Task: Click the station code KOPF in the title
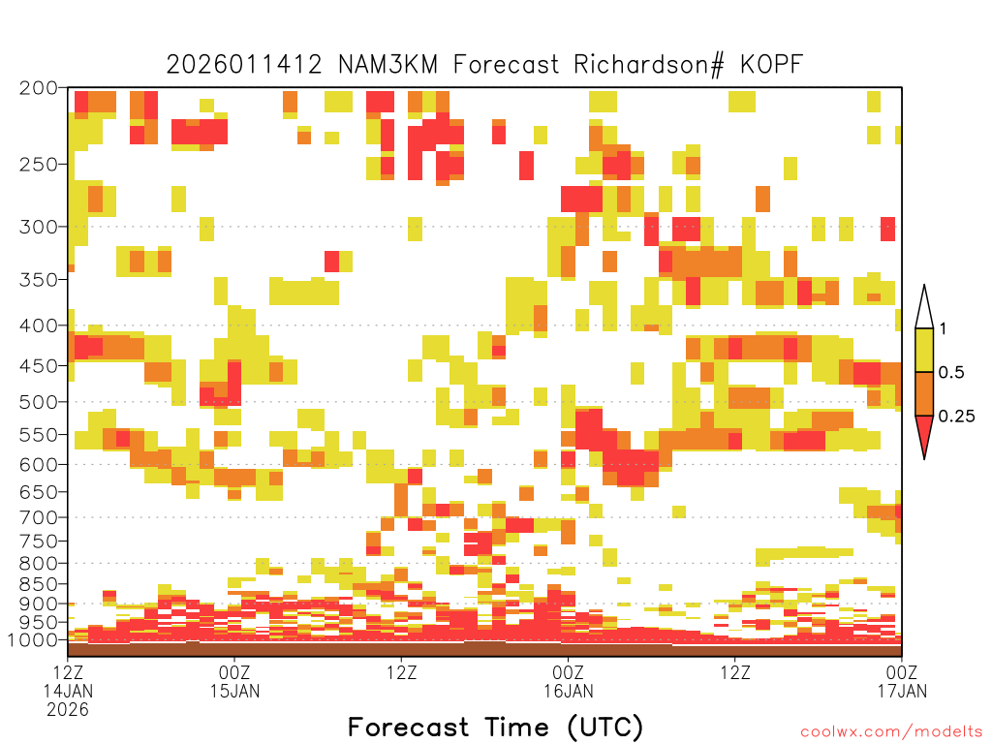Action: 771,65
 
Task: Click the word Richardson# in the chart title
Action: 649,65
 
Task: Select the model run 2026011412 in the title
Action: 244,65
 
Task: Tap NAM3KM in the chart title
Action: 387,65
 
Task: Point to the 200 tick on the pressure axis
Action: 39,88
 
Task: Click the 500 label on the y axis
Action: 39,402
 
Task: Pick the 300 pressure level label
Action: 39,227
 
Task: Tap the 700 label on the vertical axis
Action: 39,517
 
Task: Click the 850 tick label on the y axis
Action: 39,584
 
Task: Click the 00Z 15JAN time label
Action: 234,681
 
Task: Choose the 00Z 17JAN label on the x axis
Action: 902,681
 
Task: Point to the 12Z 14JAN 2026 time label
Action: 68,691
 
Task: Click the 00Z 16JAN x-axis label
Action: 568,681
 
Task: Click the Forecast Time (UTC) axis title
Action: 495,727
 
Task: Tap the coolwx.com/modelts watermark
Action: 891,732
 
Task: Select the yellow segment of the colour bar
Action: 924,350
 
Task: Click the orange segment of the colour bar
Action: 924,393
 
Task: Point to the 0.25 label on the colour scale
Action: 956,417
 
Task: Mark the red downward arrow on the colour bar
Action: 924,433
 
